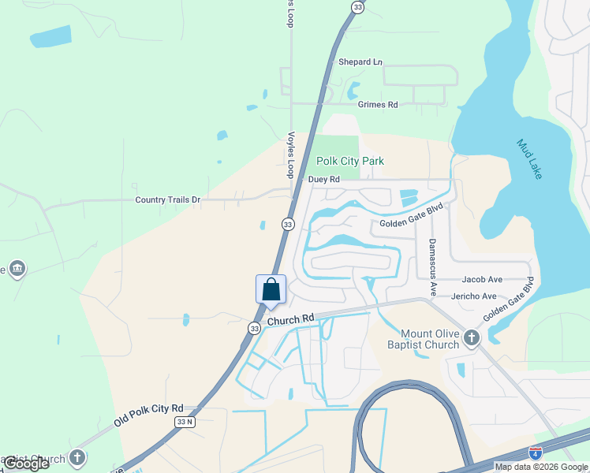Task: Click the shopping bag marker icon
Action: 271,289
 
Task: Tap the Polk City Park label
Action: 350,161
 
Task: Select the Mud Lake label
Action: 529,158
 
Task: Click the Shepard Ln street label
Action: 360,61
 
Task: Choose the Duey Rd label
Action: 323,180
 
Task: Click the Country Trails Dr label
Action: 168,200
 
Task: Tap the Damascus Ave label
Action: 432,267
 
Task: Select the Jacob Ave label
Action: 482,279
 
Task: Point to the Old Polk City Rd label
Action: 148,415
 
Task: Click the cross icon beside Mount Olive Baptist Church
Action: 472,338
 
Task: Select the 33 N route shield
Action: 184,423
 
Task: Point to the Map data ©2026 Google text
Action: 541,467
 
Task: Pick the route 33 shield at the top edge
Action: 358,7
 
